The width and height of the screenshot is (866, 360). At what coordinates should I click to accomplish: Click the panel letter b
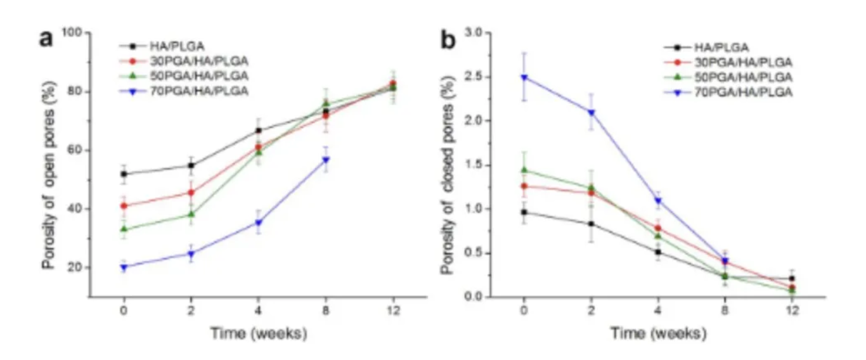click(x=448, y=41)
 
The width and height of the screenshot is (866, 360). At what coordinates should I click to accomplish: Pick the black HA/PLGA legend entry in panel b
click(x=721, y=47)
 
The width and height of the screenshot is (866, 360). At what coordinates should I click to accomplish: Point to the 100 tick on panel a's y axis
click(x=74, y=32)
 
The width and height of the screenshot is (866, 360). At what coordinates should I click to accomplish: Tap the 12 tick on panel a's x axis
click(x=394, y=312)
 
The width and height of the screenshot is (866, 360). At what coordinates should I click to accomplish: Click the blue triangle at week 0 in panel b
click(x=524, y=77)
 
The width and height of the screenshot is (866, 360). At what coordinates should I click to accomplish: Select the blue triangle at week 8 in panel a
click(x=326, y=160)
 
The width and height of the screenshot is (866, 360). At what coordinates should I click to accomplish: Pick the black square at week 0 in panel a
click(x=124, y=174)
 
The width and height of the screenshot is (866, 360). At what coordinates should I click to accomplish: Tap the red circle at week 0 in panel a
click(x=124, y=205)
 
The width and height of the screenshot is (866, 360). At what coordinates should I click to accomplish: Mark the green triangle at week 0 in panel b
click(x=524, y=170)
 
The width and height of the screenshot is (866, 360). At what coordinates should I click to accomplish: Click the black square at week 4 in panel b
click(x=658, y=252)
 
